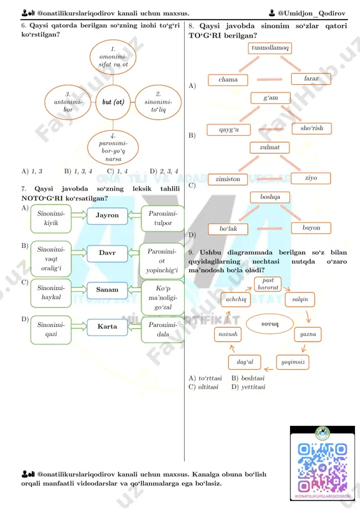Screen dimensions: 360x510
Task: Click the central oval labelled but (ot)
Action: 113,102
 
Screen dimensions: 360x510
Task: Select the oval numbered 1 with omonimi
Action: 113,57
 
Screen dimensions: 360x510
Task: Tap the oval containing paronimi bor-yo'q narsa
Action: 113,148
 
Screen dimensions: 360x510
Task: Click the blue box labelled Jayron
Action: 107,215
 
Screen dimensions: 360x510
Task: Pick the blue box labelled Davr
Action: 107,253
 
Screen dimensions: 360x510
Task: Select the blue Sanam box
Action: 107,290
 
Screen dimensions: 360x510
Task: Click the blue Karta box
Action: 107,327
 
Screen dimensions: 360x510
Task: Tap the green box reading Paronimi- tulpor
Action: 162,218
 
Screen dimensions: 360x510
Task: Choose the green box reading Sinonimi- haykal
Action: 51,293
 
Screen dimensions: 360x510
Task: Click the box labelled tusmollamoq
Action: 270,48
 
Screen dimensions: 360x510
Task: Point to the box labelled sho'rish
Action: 312,128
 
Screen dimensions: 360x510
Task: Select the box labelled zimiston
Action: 227,179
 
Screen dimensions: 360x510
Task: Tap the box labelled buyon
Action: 311,228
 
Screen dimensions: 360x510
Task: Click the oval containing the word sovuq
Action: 270,324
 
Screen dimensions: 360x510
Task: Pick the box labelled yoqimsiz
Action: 292,362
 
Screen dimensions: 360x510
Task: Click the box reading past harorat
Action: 268,284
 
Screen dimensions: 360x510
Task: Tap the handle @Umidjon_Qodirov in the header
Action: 307,13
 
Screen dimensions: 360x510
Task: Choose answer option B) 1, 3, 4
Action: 78,171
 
